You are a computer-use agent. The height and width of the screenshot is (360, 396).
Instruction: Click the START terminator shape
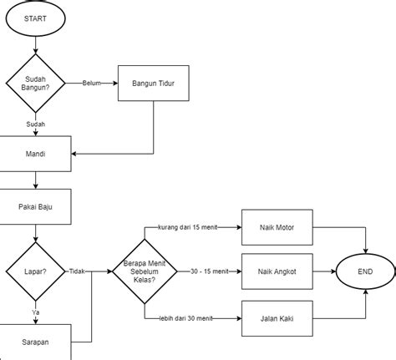tap(34, 18)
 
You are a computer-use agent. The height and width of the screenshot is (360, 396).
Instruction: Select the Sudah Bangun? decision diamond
tap(34, 83)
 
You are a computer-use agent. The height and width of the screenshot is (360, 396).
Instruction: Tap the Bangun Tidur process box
tap(154, 83)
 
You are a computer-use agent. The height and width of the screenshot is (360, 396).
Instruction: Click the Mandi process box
tap(34, 155)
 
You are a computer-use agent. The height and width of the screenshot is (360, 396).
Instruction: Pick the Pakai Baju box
tap(34, 205)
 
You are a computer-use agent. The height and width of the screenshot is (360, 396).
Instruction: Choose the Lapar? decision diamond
tap(34, 271)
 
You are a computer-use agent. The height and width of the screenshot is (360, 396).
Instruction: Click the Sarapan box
tap(34, 342)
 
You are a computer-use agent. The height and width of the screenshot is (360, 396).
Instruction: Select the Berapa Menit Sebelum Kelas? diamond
tap(144, 271)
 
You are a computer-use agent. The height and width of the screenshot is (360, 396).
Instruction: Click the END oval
tap(365, 271)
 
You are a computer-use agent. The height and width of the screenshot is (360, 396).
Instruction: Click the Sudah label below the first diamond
tap(35, 124)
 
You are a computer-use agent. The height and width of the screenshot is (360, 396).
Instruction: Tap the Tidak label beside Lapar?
tap(78, 271)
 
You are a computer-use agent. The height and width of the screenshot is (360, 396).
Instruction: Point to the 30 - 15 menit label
tap(209, 271)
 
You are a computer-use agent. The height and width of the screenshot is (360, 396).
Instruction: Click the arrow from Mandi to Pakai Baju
tap(35, 180)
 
